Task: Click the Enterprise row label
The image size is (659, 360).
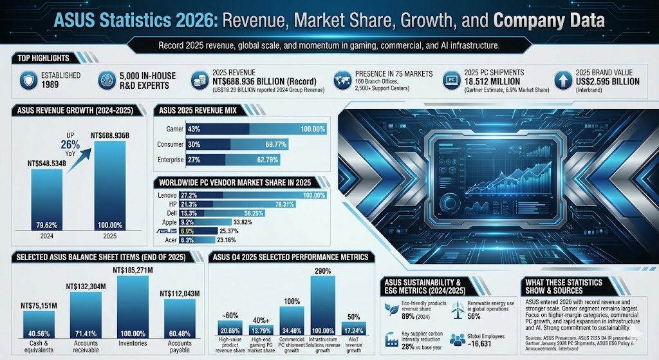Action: (171, 159)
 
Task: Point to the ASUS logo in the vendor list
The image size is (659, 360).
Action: (166, 230)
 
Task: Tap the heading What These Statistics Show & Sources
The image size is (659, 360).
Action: (563, 287)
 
